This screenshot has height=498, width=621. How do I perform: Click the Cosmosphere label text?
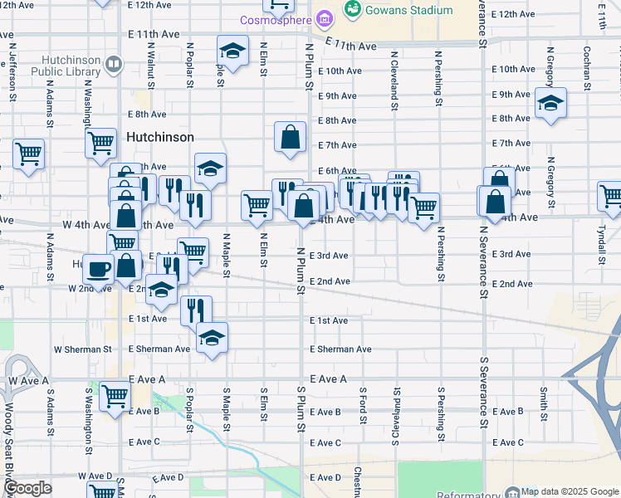(x=273, y=19)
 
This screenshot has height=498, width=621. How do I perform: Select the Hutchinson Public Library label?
(x=80, y=72)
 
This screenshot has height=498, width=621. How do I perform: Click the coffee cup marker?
(x=99, y=271)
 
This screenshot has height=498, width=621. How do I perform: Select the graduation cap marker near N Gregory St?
(x=550, y=103)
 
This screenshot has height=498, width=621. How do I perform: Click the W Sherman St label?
(x=83, y=349)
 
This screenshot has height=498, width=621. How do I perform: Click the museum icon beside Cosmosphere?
(x=325, y=17)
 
